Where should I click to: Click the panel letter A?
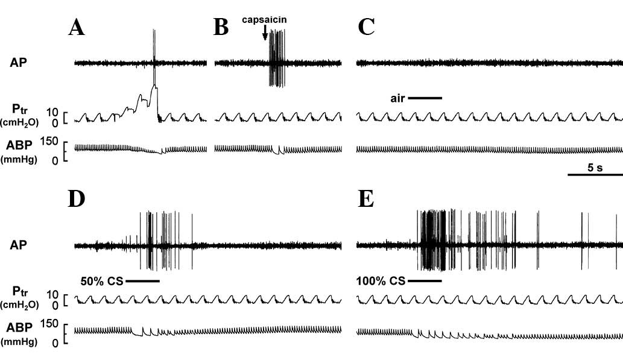point(76,28)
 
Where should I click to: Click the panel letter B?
point(221,28)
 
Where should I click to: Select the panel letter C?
point(366,28)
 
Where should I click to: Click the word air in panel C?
point(397,98)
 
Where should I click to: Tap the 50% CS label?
point(101,281)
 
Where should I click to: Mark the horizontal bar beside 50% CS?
point(142,281)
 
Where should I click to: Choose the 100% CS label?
point(381,281)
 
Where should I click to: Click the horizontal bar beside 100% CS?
point(425,281)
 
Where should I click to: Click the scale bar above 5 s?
point(595,175)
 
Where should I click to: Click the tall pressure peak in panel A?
point(155,88)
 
